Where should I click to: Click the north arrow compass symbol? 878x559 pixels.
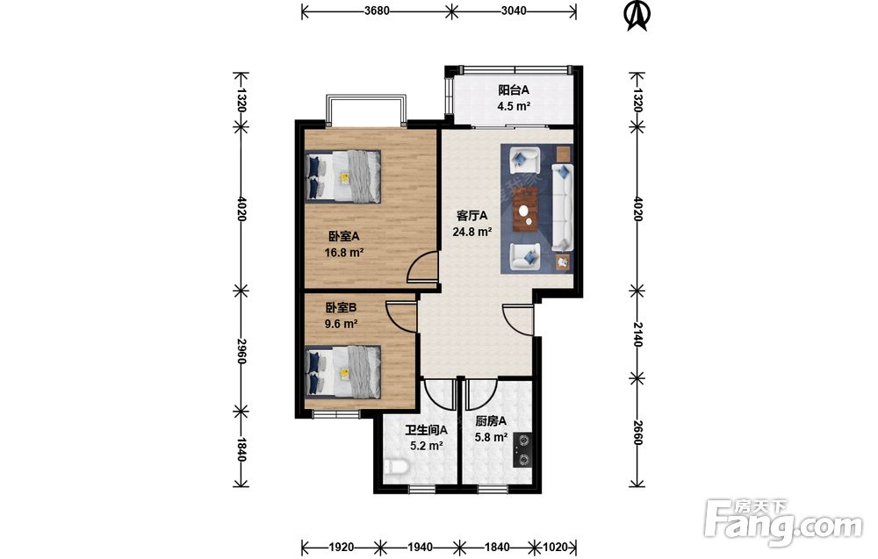tap(636, 16)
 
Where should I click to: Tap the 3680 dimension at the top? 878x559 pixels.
tap(377, 11)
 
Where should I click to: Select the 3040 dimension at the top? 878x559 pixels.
tap(514, 11)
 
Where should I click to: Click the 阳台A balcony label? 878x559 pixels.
tap(514, 90)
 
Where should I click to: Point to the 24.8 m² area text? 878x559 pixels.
tap(472, 231)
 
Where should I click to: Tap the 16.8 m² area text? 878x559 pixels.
tap(344, 253)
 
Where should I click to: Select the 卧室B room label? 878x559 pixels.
tap(342, 308)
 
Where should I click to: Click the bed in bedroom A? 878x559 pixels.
tap(342, 176)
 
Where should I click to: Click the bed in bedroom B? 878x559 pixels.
tap(342, 371)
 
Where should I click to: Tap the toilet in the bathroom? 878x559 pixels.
tap(395, 466)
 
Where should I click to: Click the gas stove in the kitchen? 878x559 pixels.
tap(522, 450)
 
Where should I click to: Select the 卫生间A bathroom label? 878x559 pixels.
tap(427, 430)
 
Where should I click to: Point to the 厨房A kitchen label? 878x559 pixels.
tap(491, 421)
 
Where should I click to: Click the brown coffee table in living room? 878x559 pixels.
tap(526, 210)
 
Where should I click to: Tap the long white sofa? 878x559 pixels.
tap(562, 207)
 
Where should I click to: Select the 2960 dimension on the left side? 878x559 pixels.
tap(241, 351)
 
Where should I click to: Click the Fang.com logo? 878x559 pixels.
tap(783, 520)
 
